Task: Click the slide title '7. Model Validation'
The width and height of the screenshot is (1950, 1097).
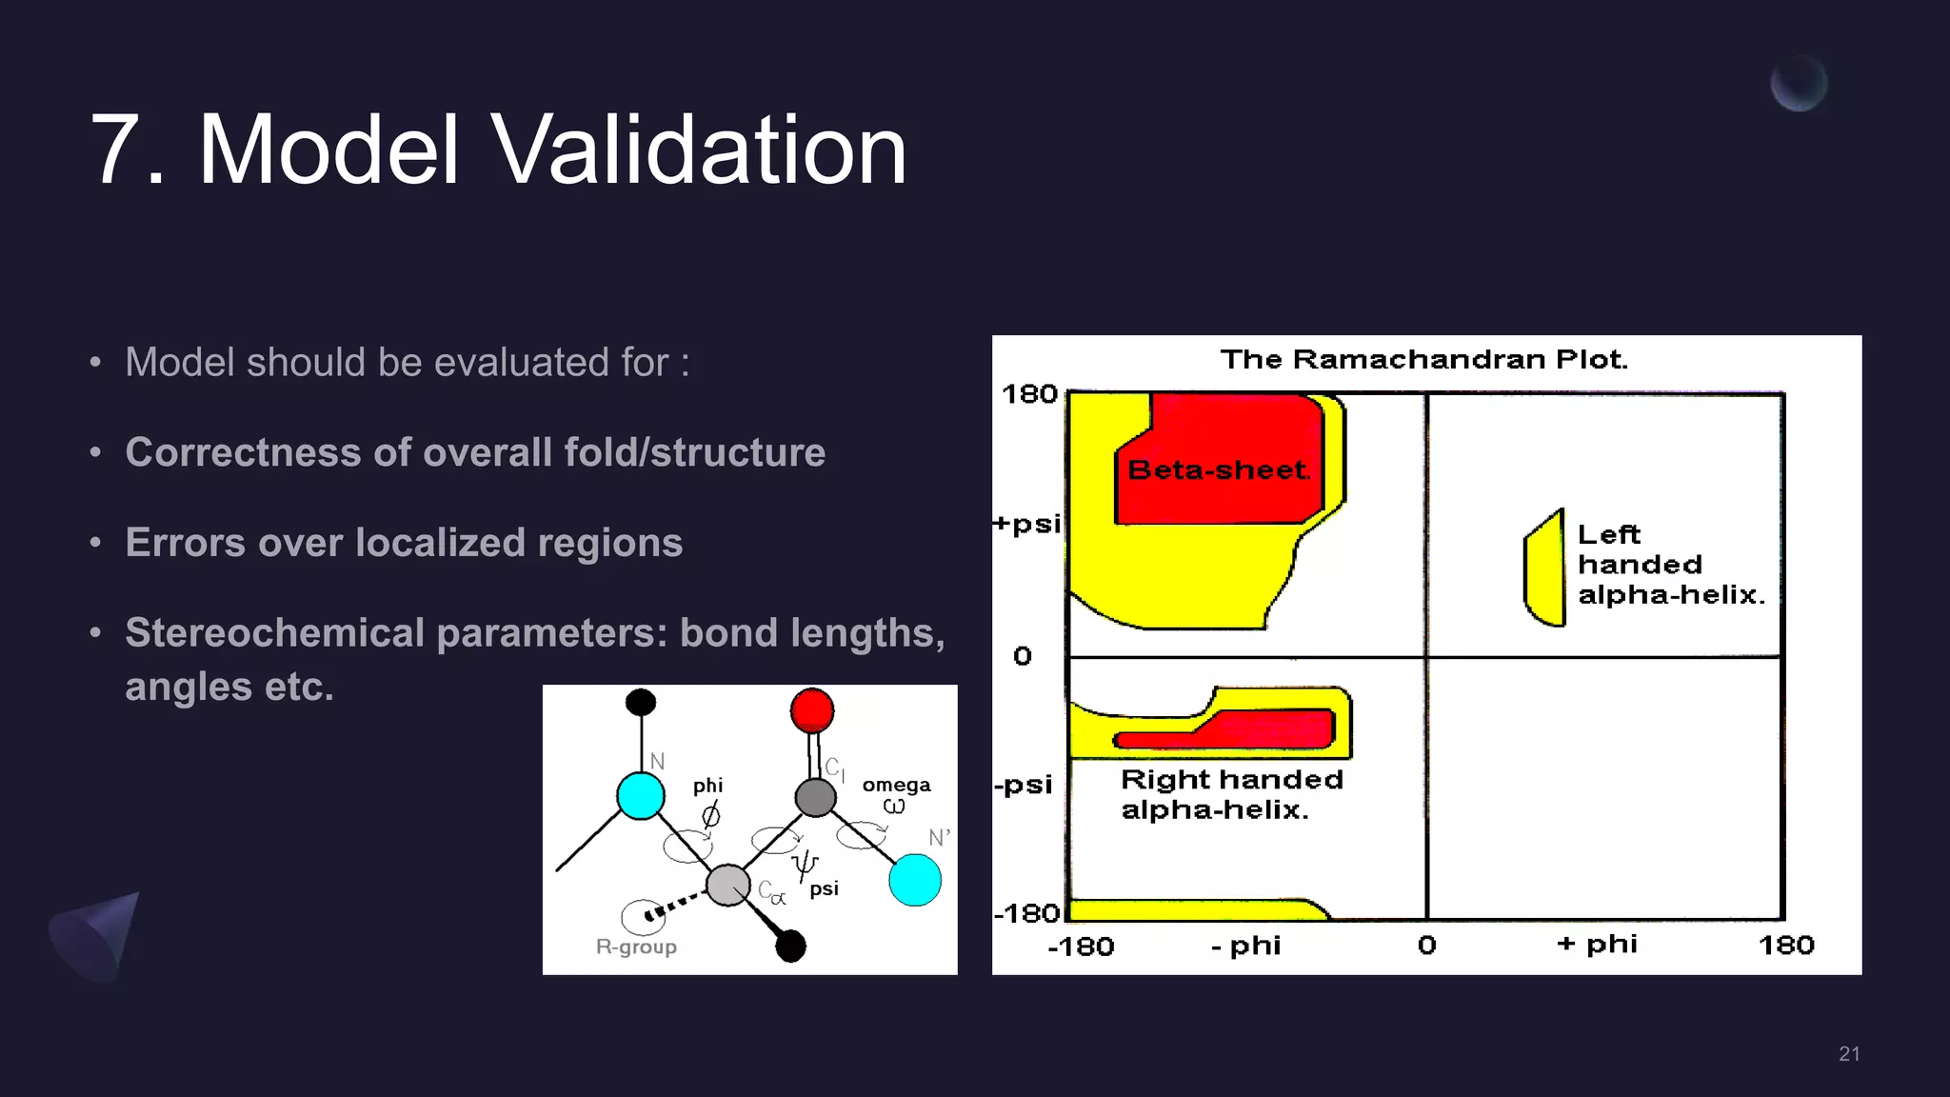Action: (498, 150)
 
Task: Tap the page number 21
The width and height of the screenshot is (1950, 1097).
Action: (1849, 1054)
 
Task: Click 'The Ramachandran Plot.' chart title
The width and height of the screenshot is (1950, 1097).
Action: (1423, 360)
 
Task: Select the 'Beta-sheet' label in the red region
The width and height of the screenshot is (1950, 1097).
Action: (1219, 470)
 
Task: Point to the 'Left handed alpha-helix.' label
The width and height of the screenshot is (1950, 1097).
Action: (1671, 565)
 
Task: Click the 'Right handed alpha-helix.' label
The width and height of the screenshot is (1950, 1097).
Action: (1231, 794)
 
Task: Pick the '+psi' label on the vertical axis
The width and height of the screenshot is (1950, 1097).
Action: (1026, 524)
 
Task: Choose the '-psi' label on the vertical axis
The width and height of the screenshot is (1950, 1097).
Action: (1024, 785)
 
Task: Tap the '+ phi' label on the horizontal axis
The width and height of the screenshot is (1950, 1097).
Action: (1597, 945)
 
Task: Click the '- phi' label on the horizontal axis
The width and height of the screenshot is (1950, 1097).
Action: (1245, 946)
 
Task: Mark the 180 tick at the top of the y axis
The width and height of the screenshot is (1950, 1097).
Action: (1029, 394)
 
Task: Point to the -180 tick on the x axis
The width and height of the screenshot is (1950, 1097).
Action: (1081, 947)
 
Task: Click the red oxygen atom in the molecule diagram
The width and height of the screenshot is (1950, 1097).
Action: (812, 710)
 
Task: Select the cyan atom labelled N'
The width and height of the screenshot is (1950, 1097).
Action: (915, 880)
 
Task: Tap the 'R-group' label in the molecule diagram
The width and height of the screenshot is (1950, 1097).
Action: (636, 947)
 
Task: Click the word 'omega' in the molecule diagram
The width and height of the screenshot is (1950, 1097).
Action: (896, 786)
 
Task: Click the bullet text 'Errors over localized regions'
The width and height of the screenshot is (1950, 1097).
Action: (404, 543)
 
